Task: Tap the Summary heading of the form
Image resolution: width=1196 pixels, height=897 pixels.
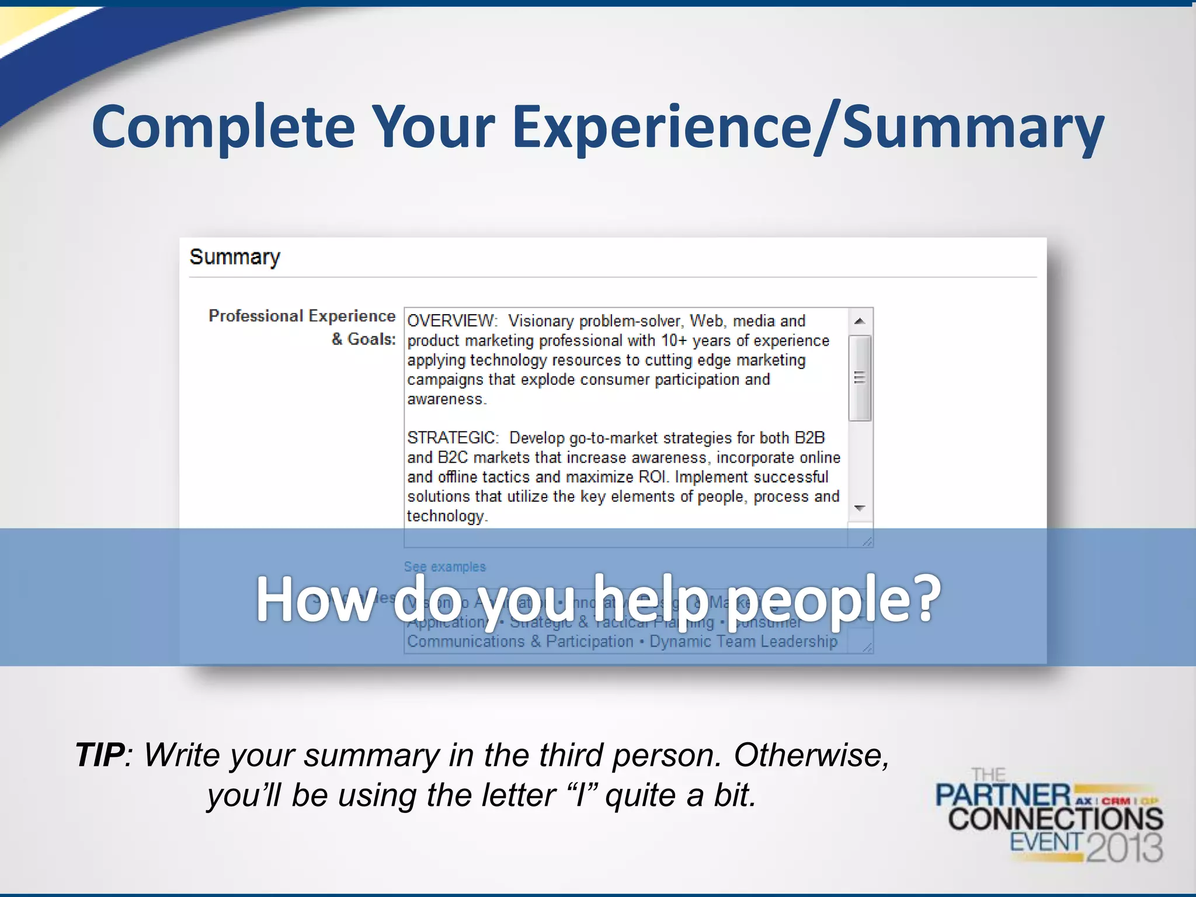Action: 235,257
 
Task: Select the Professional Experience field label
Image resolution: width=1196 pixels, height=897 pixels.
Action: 302,316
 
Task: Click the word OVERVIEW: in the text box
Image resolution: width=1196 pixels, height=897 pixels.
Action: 451,321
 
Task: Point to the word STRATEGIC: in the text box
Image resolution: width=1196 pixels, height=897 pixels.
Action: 453,438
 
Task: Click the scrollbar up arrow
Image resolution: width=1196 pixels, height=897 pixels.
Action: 859,321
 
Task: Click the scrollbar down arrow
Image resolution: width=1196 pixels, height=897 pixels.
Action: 859,508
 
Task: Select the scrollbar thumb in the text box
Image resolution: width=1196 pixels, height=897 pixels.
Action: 859,378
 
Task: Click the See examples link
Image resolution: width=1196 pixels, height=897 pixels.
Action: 444,566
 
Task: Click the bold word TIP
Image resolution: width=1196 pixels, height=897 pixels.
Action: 100,755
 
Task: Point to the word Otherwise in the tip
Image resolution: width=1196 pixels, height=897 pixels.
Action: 811,755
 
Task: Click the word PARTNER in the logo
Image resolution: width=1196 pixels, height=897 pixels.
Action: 1003,796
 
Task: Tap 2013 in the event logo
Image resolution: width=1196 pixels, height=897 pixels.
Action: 1124,847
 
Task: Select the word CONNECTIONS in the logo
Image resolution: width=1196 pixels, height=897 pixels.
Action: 1055,819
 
